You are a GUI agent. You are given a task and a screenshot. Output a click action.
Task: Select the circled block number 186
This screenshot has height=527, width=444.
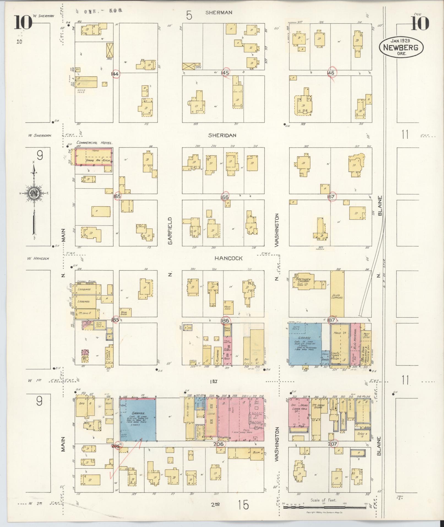coord(225,320)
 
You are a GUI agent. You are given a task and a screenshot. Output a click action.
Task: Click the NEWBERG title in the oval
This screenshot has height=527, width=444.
coord(401,47)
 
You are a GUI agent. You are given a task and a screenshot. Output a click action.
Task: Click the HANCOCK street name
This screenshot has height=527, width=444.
coord(228,258)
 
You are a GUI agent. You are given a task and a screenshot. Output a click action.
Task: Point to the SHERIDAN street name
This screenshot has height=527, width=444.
coord(222,135)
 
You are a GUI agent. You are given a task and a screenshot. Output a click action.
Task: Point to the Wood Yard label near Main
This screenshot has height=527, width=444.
coord(81,91)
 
